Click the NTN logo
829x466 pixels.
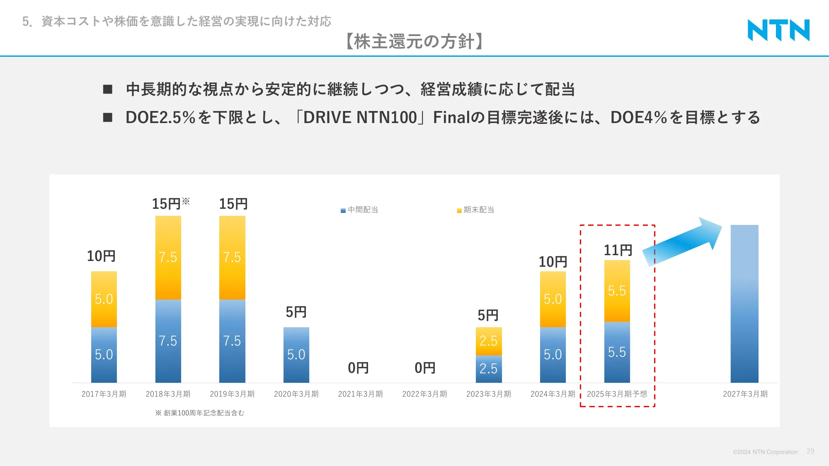click(778, 30)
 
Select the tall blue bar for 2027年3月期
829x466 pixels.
click(744, 304)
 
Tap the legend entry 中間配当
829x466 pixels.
click(359, 210)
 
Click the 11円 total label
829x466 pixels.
click(618, 250)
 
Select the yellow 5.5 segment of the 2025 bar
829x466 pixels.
click(617, 291)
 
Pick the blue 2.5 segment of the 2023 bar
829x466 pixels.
click(488, 369)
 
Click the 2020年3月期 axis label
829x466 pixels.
click(296, 394)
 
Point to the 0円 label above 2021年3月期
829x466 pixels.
click(358, 368)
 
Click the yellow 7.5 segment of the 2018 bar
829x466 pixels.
click(168, 257)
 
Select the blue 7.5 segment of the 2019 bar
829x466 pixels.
click(232, 341)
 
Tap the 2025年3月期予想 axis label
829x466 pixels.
click(617, 394)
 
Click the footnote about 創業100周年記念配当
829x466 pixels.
click(200, 413)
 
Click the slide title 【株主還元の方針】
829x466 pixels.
click(414, 41)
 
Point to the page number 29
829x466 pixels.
click(810, 451)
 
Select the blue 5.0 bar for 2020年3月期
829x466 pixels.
click(296, 355)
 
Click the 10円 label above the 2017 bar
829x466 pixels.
click(101, 256)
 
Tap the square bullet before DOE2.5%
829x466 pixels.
click(108, 118)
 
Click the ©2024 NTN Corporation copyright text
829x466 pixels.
click(765, 452)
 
